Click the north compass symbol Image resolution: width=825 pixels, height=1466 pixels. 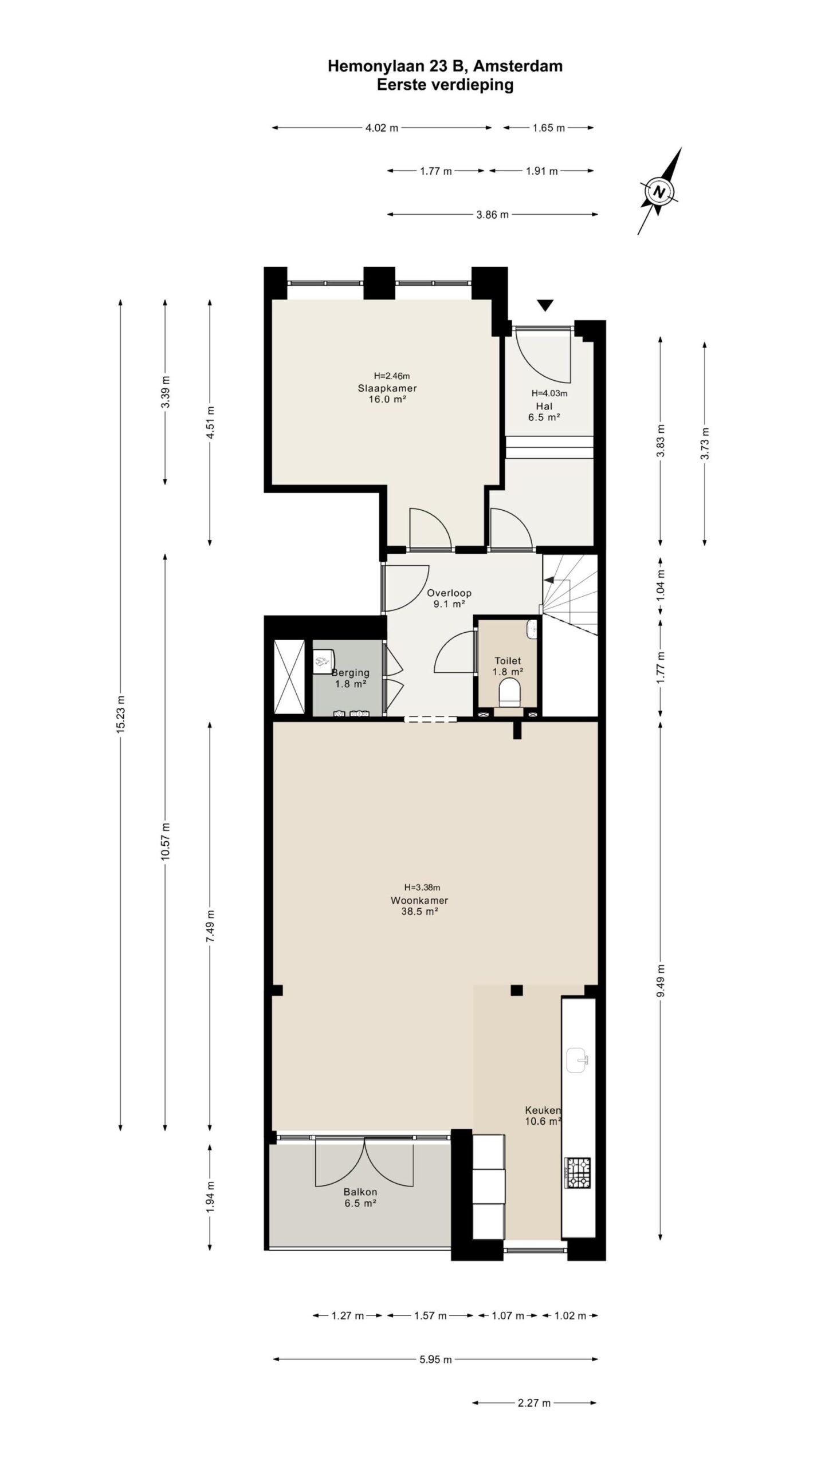[660, 191]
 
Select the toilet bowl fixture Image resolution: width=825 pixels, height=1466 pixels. [509, 692]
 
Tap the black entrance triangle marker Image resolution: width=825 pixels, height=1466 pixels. [545, 305]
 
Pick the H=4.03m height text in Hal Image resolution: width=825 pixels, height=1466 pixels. [549, 393]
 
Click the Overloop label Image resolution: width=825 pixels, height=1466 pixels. [449, 593]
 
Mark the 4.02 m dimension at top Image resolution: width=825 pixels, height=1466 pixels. [382, 128]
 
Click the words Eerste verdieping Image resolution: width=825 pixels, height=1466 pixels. [445, 85]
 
